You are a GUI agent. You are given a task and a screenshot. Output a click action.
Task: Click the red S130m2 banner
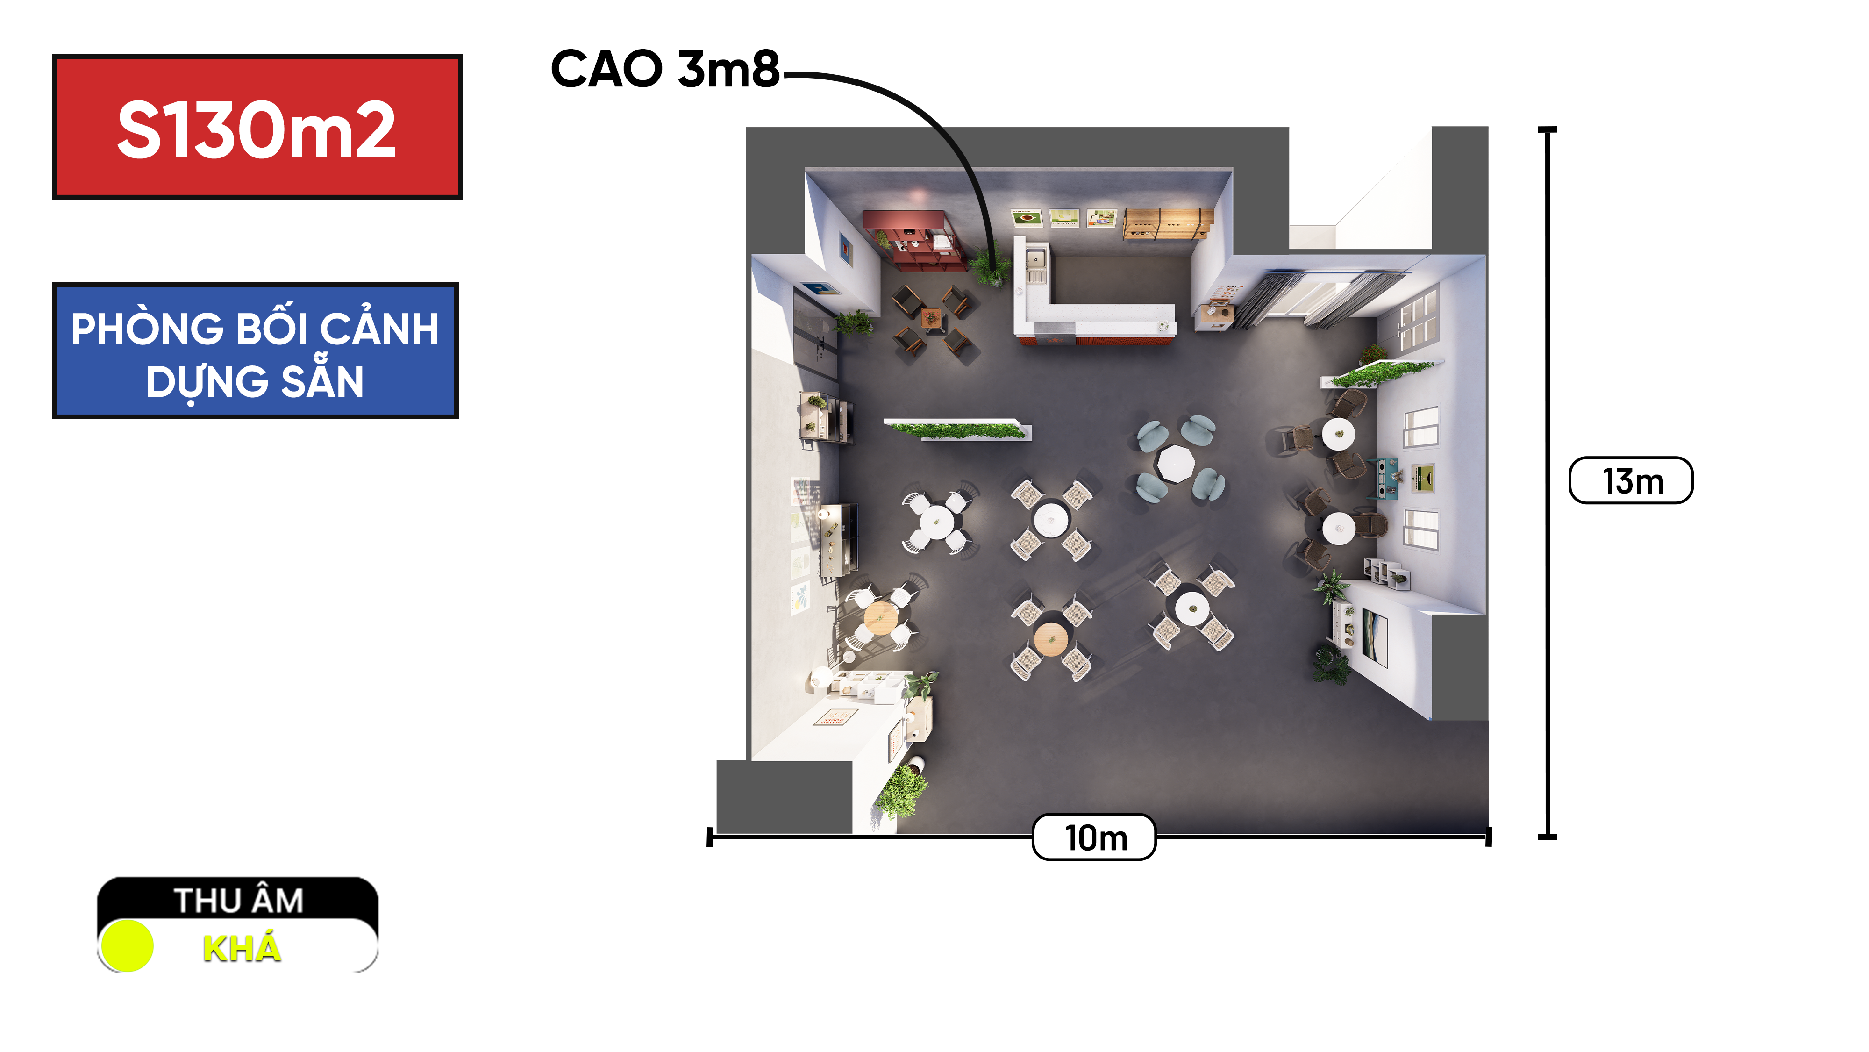click(257, 126)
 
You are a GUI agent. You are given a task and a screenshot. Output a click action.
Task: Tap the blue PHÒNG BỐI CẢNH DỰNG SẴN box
click(256, 351)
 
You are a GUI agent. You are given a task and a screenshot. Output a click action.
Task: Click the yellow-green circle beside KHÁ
click(127, 945)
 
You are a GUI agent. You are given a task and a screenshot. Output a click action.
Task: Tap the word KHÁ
click(242, 948)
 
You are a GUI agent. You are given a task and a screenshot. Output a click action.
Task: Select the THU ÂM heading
click(239, 901)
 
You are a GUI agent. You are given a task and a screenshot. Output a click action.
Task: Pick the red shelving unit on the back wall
click(914, 239)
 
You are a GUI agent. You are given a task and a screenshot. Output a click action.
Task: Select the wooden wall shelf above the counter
click(1168, 223)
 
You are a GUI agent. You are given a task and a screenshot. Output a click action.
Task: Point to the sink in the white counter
click(1035, 258)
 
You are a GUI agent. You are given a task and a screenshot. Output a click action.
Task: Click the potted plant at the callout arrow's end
click(991, 265)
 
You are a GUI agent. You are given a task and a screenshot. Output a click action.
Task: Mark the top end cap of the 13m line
click(1548, 130)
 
